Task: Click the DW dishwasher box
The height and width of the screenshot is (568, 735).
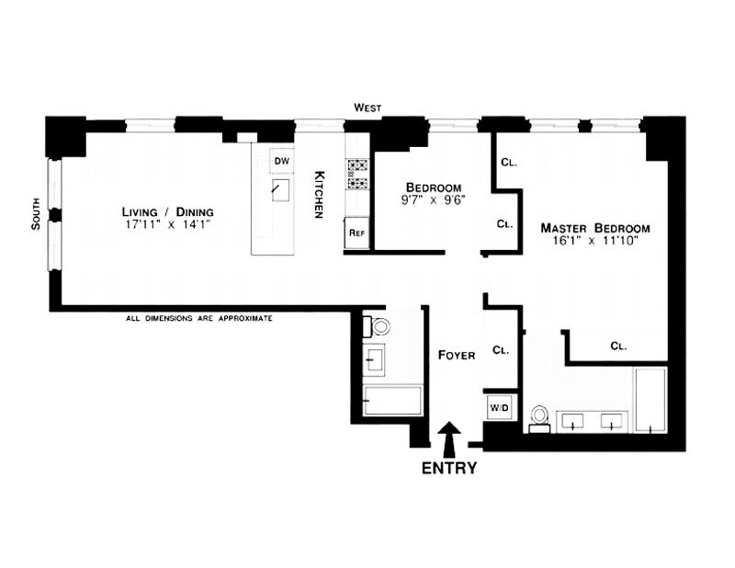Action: point(282,162)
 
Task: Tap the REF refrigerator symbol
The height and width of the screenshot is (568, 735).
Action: point(356,233)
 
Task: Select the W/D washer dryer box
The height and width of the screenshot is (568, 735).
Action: point(499,407)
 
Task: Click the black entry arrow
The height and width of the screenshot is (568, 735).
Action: point(449,439)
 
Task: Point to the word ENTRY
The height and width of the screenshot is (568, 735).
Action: point(449,468)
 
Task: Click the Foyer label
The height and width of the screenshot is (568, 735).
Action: point(457,356)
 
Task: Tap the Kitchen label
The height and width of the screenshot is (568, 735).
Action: point(319,194)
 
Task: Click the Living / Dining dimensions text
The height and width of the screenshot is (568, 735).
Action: point(167,224)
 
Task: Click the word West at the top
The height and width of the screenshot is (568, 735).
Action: point(368,108)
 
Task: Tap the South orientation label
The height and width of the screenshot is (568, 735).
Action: point(36,214)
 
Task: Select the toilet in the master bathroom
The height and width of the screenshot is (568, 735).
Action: point(539,419)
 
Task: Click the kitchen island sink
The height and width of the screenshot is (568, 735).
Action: point(280,190)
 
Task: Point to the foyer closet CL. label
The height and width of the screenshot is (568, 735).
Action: point(501,350)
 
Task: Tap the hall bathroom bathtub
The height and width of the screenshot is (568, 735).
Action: point(393,400)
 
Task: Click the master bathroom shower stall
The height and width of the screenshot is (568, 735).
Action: point(650,400)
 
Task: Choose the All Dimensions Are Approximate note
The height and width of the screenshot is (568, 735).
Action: point(199,319)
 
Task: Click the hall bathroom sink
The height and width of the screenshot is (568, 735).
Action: point(374,358)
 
